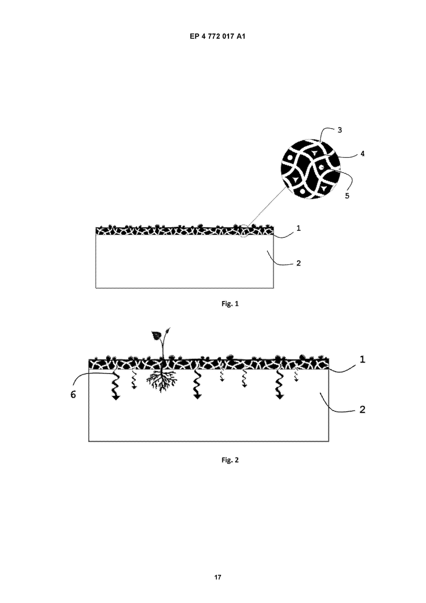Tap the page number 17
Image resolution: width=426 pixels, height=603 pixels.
pos(218,577)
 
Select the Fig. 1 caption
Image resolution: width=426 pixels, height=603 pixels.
pos(230,304)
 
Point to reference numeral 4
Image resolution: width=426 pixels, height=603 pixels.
pos(362,154)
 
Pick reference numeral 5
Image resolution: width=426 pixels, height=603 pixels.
pos(347,196)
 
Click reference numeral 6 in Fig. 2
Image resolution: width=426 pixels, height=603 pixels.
pos(73,394)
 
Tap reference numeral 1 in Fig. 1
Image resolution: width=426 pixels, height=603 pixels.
pos(298,228)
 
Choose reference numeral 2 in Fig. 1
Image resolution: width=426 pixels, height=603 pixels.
pos(298,263)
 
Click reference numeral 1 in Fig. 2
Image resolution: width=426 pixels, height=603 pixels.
pos(362,359)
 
